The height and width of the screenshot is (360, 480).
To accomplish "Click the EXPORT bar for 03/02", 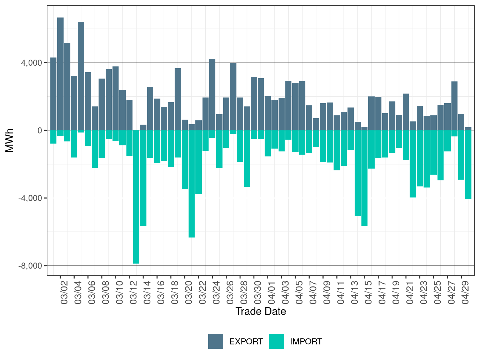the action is pos(60,74).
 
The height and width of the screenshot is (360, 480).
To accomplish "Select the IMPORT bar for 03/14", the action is pos(143,178).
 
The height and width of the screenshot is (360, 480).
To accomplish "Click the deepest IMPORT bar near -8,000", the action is pos(136,197).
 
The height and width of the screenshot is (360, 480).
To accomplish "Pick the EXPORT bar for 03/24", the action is pos(212,95).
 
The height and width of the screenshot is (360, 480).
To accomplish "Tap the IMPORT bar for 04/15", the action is pos(365,178).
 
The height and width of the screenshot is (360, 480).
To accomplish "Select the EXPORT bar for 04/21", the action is pos(406,112).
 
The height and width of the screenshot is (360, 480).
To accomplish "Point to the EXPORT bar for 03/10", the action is pos(116,98).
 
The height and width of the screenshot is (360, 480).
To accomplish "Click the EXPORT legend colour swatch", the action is pos(216,341).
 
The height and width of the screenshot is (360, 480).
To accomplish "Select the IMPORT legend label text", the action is pos(306,342).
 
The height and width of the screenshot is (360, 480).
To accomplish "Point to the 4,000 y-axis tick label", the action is pos(31,63).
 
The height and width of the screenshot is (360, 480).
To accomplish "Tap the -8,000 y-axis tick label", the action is pos(30,266).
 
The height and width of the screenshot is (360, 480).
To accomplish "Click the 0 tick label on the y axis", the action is pos(40,131).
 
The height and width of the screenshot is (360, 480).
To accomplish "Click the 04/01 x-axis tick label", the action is pos(272,292).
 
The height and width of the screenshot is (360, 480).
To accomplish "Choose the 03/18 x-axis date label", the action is pos(175,292).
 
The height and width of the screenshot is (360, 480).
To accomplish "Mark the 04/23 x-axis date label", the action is pos(424,292).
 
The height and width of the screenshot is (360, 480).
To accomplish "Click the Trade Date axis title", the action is pos(261,311).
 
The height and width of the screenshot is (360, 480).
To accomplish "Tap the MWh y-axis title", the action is pos(9,140).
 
